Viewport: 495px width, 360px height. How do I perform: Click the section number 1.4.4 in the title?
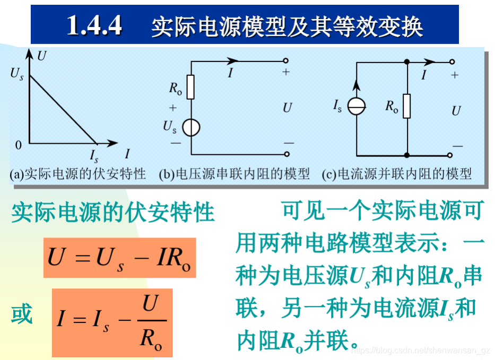click(x=94, y=25)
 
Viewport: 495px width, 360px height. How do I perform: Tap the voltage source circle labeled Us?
click(x=190, y=128)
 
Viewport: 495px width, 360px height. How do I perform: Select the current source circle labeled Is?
click(x=356, y=107)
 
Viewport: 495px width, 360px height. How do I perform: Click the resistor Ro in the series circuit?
click(x=190, y=87)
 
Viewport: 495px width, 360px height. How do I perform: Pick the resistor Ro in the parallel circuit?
click(x=406, y=106)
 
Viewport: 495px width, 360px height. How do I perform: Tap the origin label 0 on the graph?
click(x=19, y=144)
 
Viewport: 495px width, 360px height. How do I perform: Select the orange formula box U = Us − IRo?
click(x=119, y=258)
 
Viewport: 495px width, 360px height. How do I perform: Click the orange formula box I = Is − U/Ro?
click(x=112, y=322)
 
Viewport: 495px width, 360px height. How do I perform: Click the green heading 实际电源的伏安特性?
click(x=113, y=213)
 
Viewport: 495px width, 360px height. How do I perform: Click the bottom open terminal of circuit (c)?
click(x=449, y=155)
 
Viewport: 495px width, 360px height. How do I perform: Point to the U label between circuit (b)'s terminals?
click(x=287, y=108)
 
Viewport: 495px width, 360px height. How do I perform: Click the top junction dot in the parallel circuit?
click(x=407, y=62)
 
